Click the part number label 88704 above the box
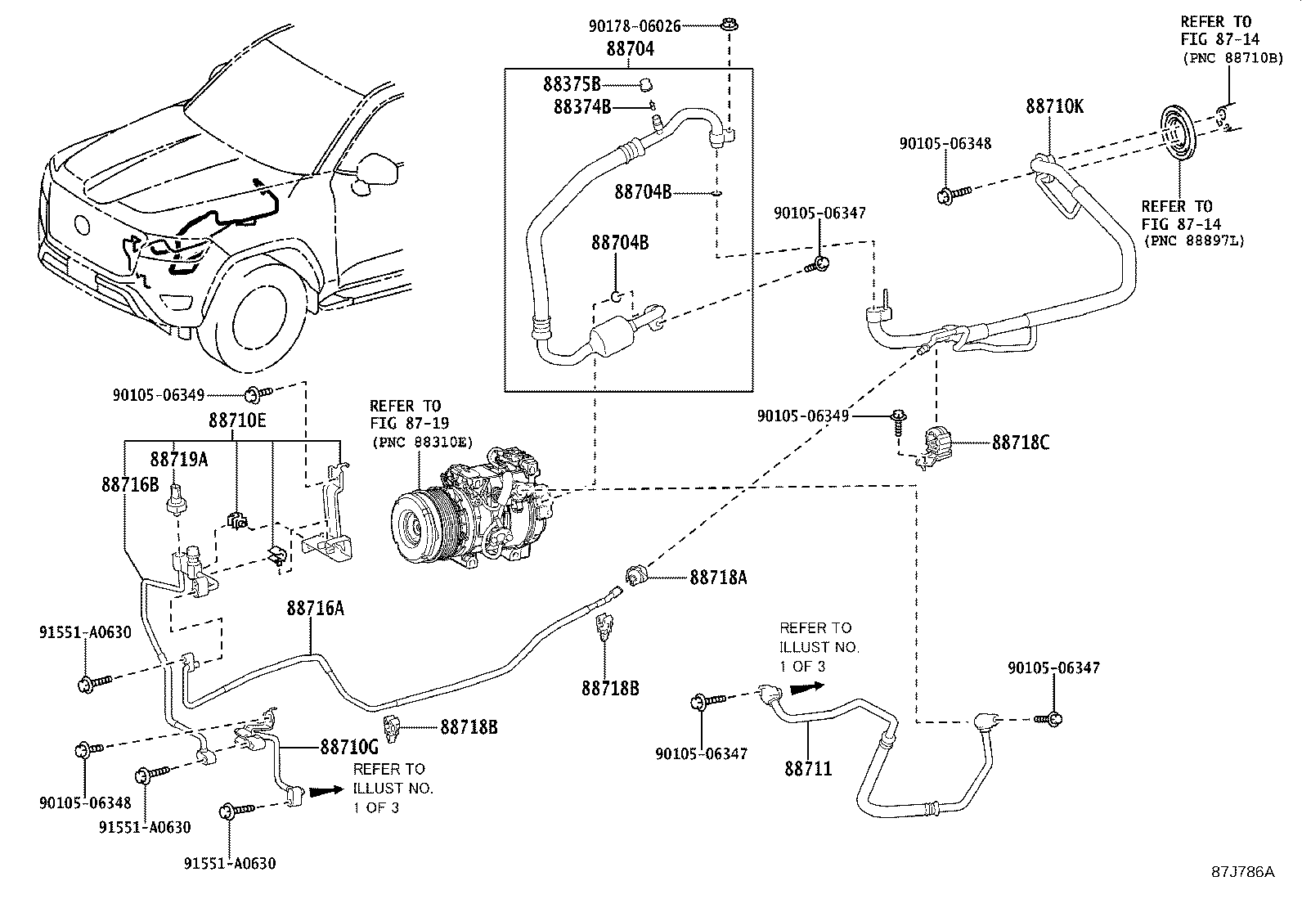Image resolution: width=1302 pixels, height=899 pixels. (630, 49)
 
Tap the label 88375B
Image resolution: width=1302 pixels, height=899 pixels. (571, 83)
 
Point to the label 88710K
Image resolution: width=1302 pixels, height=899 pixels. (1054, 107)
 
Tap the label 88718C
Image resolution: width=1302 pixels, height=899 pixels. (1020, 443)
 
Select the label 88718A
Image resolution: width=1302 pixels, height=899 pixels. (718, 578)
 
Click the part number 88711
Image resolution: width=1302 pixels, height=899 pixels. (808, 768)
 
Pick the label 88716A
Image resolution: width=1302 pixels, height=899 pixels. (315, 608)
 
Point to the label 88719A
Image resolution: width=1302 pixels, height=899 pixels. (178, 460)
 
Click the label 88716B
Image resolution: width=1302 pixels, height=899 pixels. (130, 484)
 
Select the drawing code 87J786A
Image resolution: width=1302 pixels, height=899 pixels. (1242, 871)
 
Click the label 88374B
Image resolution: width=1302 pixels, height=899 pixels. (581, 106)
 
